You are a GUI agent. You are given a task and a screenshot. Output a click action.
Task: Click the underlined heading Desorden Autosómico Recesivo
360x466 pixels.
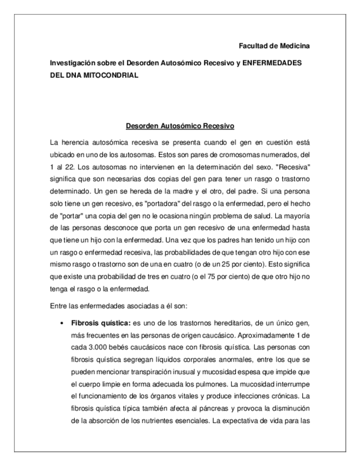point(180,125)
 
